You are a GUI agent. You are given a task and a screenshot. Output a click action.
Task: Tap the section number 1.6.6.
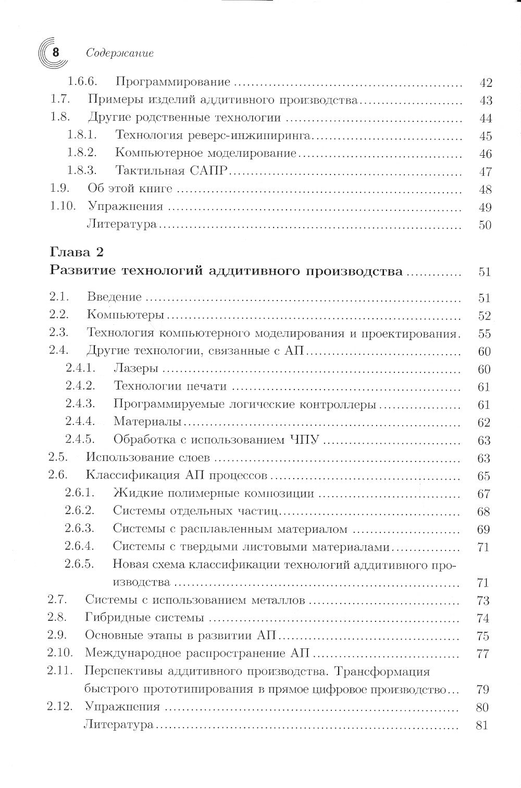[85, 82]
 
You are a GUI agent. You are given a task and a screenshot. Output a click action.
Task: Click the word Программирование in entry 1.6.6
[172, 82]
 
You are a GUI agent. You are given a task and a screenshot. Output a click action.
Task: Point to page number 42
[485, 83]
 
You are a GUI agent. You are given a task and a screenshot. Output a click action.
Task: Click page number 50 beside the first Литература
[485, 226]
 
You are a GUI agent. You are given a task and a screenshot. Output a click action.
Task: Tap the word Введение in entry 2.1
[114, 297]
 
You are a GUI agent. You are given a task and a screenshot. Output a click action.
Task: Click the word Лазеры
[135, 369]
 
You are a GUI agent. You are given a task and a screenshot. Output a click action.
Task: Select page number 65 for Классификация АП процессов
[484, 477]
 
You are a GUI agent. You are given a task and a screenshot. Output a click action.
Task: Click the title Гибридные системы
[144, 618]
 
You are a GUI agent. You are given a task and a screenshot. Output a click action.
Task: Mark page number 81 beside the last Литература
[482, 725]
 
